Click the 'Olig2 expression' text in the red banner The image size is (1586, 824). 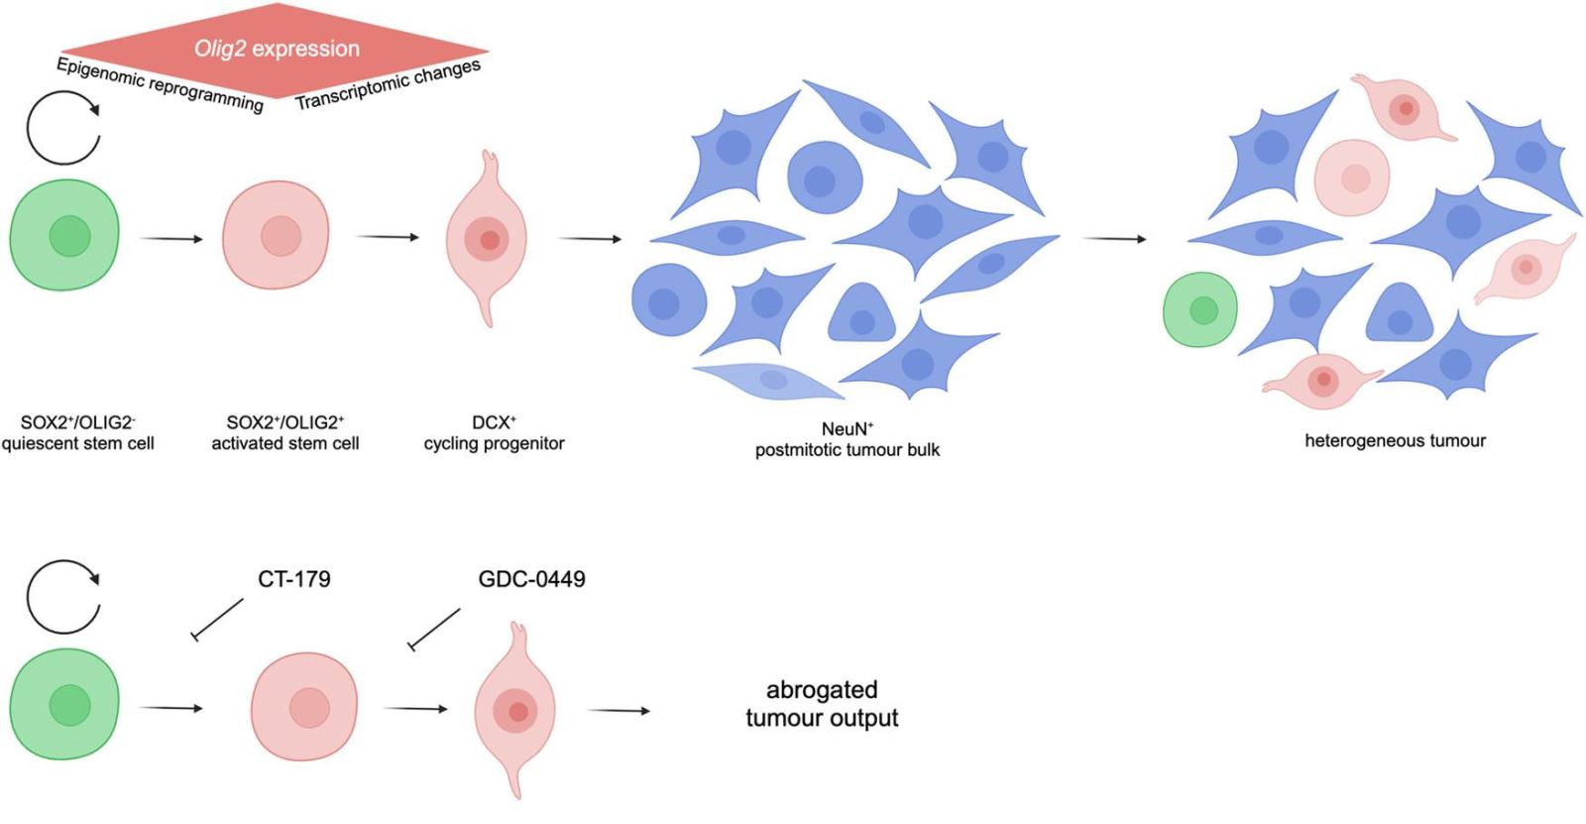pos(277,49)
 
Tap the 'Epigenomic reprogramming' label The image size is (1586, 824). pos(160,84)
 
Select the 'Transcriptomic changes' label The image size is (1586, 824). pos(388,84)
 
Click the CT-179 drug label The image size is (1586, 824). pos(293,579)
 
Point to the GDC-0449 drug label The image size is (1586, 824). pos(531,579)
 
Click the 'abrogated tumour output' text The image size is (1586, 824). pos(822,704)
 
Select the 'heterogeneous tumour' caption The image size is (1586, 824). pos(1395,441)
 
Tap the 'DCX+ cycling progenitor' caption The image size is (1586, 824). pos(494,433)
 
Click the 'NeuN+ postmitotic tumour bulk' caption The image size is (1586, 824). pos(847,439)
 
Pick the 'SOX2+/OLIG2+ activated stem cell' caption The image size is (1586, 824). pos(285,433)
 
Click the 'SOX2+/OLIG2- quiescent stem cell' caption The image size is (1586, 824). pos(78,433)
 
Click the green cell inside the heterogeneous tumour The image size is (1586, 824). pos(1200,309)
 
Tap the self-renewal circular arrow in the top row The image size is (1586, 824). pos(63,127)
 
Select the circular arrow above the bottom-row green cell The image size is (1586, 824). pos(63,597)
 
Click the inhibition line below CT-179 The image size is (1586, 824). pos(218,619)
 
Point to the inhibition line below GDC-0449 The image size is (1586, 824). pos(435,630)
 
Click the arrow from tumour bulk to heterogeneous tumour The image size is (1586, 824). pos(1114,239)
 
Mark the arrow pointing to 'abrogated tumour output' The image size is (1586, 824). pos(619,711)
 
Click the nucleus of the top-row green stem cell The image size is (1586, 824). pos(69,236)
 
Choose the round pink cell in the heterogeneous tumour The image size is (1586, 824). pos(1351,177)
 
